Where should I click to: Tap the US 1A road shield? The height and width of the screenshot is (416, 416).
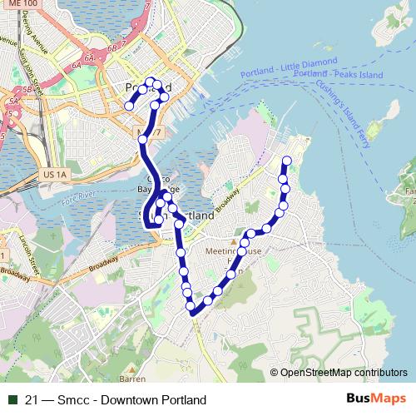pyautogui.click(x=51, y=175)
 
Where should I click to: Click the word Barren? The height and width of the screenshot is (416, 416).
pyautogui.click(x=131, y=379)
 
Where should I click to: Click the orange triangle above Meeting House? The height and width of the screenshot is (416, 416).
pyautogui.click(x=234, y=241)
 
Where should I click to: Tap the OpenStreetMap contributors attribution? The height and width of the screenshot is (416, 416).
pyautogui.click(x=344, y=374)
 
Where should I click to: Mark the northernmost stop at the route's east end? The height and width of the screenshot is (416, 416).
pyautogui.click(x=287, y=160)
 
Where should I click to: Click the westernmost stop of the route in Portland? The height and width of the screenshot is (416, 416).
pyautogui.click(x=129, y=106)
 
